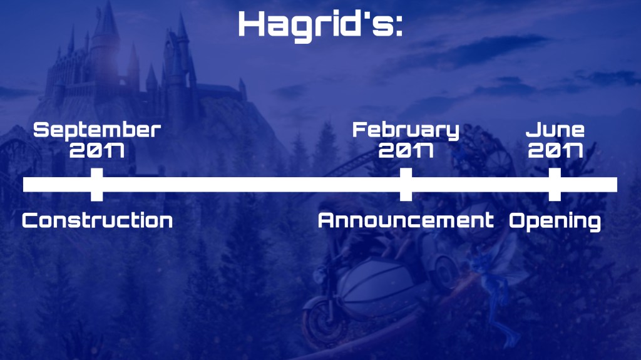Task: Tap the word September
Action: click(x=97, y=130)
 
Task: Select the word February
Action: click(x=406, y=130)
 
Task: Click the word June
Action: click(x=555, y=130)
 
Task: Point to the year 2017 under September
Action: click(x=97, y=150)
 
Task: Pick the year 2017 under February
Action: click(x=406, y=150)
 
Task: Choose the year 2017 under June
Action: click(x=555, y=150)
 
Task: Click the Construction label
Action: click(x=97, y=220)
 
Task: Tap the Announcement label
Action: click(x=406, y=220)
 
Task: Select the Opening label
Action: click(x=555, y=222)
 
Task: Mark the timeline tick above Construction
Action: click(x=97, y=185)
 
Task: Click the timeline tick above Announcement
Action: click(x=406, y=185)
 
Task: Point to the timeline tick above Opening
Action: click(x=555, y=185)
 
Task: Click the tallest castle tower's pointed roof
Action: click(x=107, y=18)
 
